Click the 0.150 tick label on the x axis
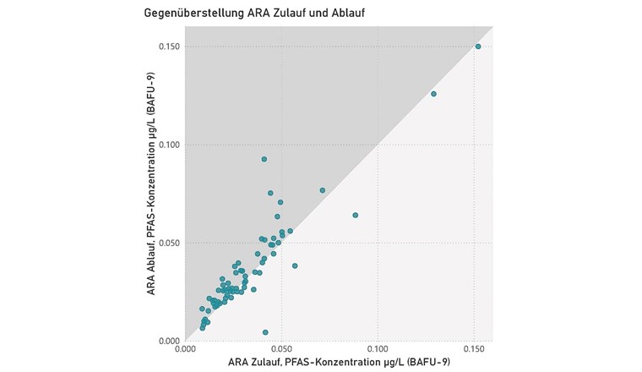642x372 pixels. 473,348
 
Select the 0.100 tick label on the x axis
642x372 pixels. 377,348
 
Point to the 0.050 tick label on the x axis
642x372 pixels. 281,348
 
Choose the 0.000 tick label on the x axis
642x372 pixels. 185,348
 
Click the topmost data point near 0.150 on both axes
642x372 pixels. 478,46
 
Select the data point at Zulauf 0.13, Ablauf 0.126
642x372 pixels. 434,94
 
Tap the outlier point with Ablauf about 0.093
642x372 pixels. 264,159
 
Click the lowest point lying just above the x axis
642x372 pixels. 265,332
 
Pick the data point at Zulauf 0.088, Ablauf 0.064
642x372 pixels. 355,215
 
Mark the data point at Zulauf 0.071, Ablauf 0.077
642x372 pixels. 322,190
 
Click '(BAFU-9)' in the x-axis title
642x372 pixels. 427,362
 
